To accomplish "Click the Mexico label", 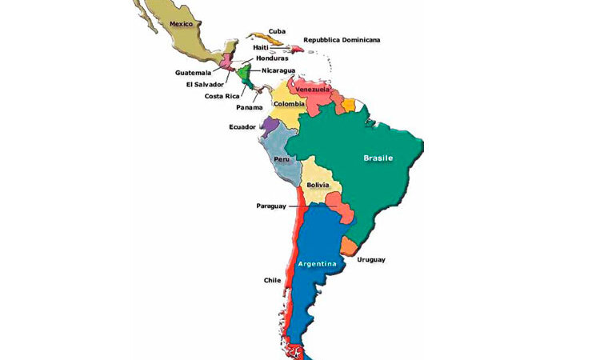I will pos(182,24).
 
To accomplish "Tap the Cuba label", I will pos(277,31).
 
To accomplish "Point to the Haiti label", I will pos(261,47).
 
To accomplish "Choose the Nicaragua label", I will pos(278,70).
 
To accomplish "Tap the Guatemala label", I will pos(194,73).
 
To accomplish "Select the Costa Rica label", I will pos(222,96).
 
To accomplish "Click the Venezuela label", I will pos(313,90).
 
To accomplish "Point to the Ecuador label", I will pos(242,126).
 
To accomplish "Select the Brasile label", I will pos(378,158).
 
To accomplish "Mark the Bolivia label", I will pos(318,186).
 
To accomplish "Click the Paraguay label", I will pos(271,206).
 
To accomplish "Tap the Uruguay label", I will pos(371,259).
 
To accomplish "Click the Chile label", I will pos(272,281).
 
